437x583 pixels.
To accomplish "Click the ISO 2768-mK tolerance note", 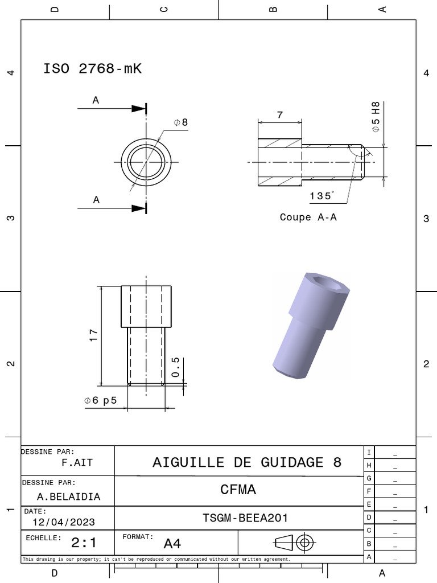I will point(92,69).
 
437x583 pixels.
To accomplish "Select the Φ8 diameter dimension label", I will point(180,122).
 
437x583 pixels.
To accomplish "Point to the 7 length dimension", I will point(279,115).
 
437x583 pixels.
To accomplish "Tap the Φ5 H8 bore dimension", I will point(376,117).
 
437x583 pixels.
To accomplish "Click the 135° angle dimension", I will point(322,196).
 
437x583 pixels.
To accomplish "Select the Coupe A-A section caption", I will point(308,217).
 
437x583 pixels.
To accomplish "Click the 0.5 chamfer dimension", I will point(175,367).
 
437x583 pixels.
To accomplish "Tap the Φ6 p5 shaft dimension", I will point(101,400).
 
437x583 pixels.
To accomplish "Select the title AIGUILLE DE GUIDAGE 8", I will point(247,462).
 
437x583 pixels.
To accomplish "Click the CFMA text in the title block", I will point(238,490).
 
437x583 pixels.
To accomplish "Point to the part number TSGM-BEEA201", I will point(245,518).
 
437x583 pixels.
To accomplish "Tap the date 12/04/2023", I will point(64,522).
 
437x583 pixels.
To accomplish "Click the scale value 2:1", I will point(84,543).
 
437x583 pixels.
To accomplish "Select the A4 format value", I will point(172,544).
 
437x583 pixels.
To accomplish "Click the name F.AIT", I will point(77,463).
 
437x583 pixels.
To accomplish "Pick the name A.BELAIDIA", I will point(68,496).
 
